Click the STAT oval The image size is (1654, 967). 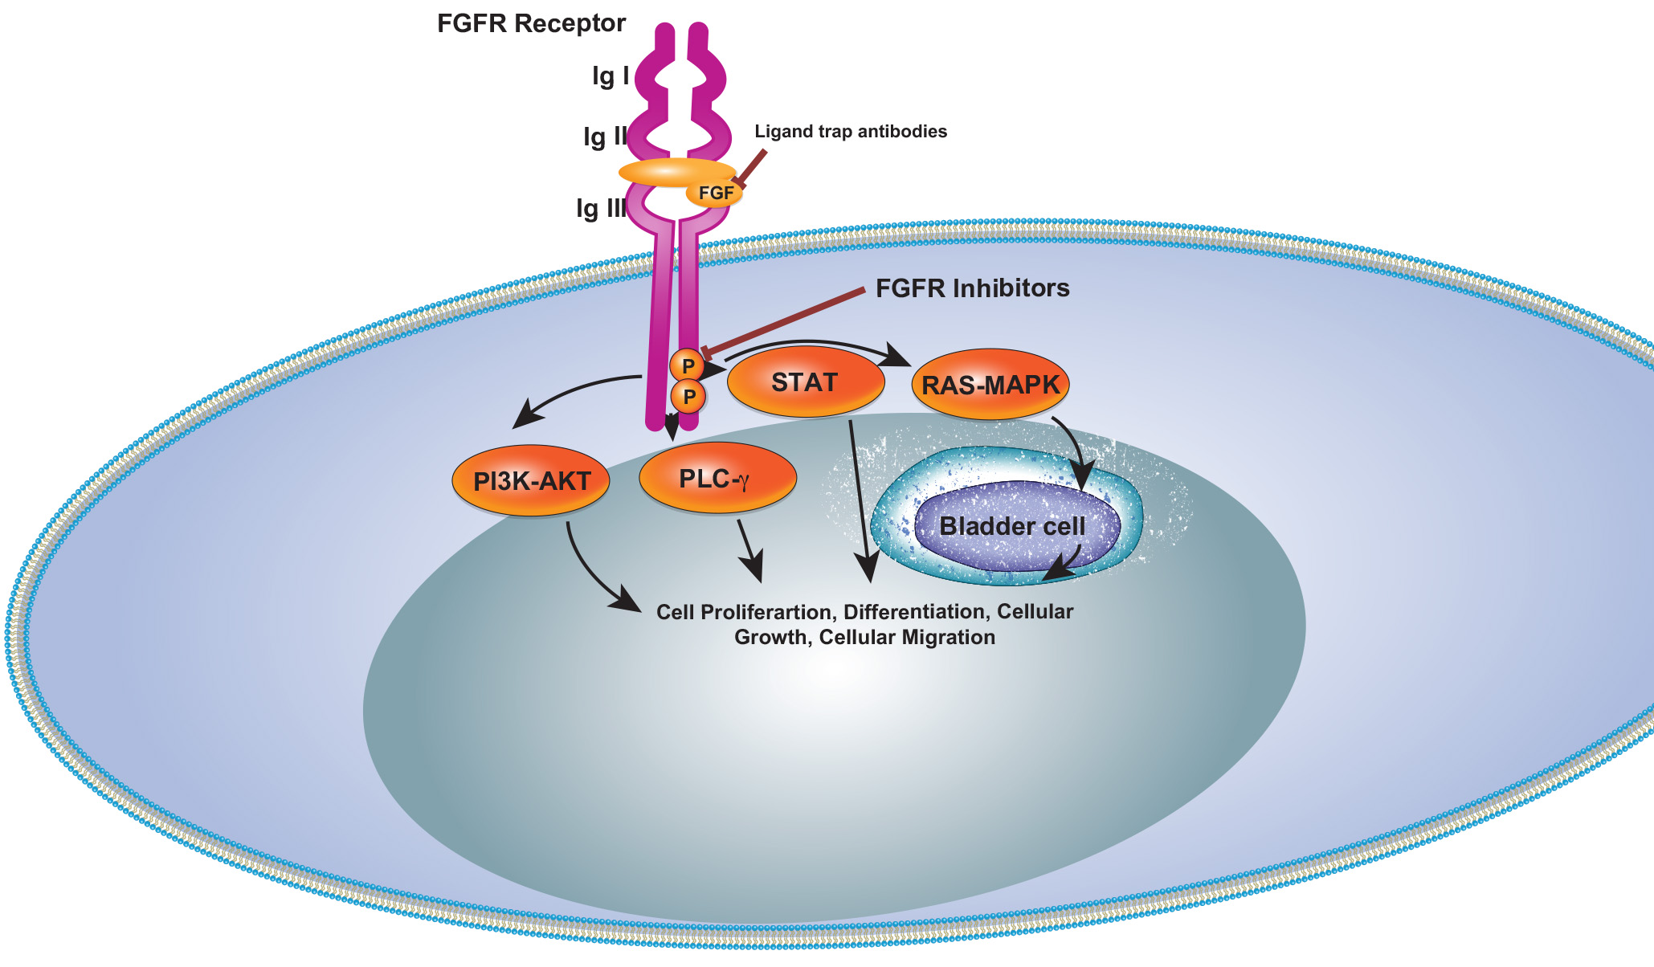tap(805, 382)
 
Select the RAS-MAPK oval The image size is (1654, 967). tap(990, 385)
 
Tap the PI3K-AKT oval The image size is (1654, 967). tap(531, 481)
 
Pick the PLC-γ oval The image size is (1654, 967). tap(717, 479)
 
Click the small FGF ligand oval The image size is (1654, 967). tap(714, 193)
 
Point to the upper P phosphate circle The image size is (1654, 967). tap(687, 366)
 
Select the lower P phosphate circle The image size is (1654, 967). tap(688, 396)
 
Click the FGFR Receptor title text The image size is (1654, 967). tap(531, 23)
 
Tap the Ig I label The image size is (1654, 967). tap(611, 76)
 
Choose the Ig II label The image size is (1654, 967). tap(605, 137)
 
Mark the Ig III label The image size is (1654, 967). tap(601, 209)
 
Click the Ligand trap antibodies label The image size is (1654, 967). tap(851, 132)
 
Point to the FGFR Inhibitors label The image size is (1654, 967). tap(972, 288)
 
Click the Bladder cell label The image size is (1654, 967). tap(1012, 526)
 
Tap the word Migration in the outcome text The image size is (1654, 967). tap(949, 638)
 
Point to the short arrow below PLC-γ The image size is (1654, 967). tap(750, 550)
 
